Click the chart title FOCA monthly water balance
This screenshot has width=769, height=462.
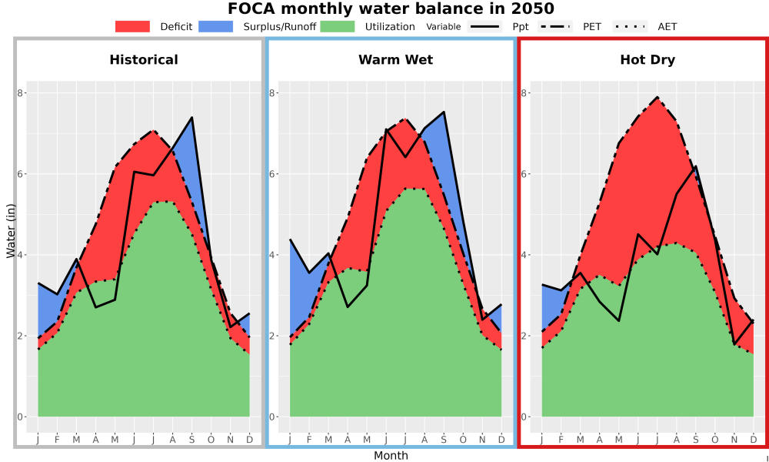(x=391, y=8)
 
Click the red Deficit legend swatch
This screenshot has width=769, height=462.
(x=132, y=26)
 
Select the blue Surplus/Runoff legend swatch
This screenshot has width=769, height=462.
(x=216, y=26)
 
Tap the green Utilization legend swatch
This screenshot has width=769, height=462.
(x=338, y=26)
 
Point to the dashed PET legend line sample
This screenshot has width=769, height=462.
(x=555, y=26)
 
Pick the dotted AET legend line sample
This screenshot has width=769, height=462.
(x=631, y=26)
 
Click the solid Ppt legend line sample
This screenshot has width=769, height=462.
(x=484, y=26)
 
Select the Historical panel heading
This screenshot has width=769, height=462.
(x=144, y=60)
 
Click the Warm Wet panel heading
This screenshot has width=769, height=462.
(x=396, y=60)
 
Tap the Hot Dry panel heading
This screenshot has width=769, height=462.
(x=647, y=60)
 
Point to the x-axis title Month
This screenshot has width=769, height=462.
(x=391, y=456)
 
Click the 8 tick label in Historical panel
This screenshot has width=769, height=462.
(x=21, y=93)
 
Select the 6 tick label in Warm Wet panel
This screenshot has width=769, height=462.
(x=272, y=174)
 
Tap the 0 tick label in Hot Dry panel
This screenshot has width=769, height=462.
(x=524, y=417)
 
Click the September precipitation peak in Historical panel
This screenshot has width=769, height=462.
(x=191, y=117)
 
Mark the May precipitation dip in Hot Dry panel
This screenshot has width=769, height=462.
(x=618, y=320)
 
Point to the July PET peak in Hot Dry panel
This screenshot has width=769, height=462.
(x=657, y=97)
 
